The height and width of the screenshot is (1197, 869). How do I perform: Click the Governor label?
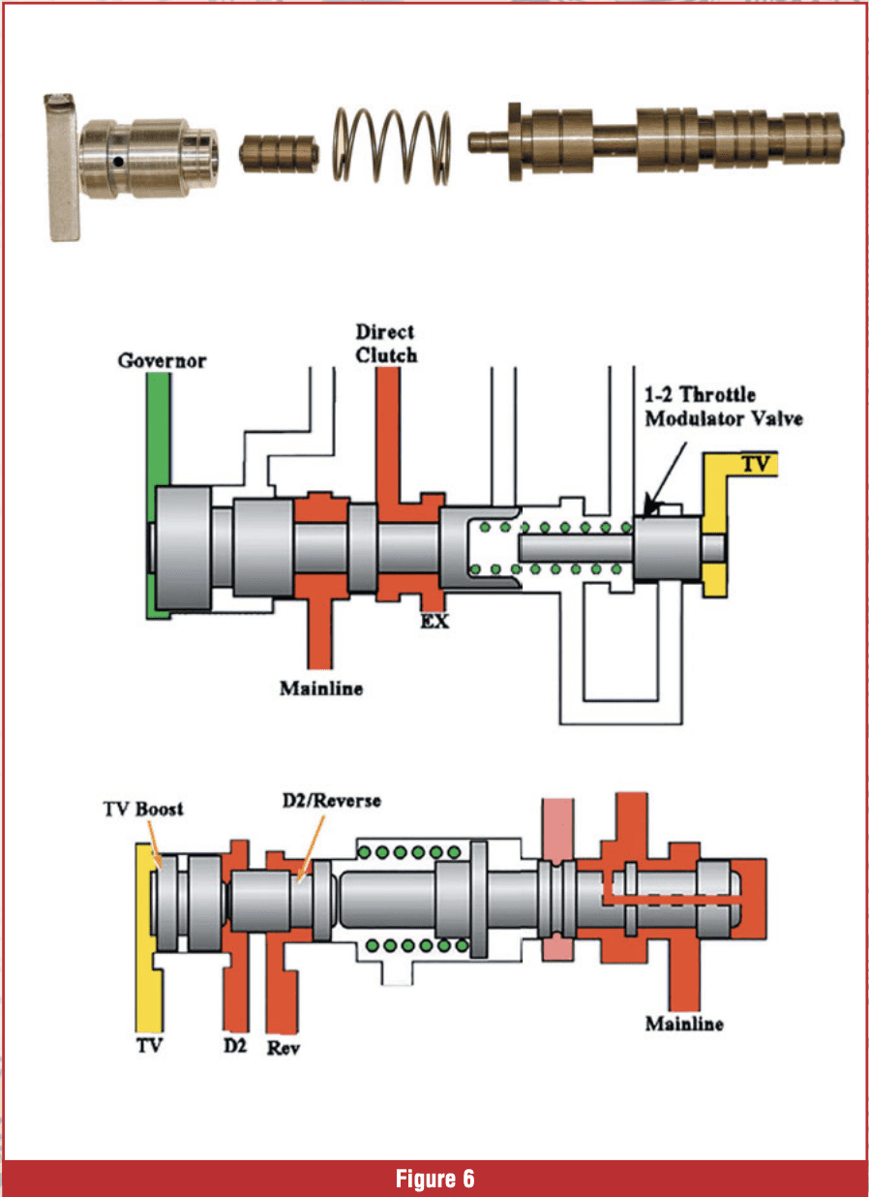point(163,361)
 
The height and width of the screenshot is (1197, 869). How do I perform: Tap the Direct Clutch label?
point(386,344)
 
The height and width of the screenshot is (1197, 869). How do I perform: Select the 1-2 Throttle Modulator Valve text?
point(725,408)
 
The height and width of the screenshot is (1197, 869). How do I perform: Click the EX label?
point(434,621)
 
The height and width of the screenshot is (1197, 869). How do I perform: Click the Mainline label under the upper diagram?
point(321,689)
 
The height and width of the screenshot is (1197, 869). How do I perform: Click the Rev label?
point(283,1049)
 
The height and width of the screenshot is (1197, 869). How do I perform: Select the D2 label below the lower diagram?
point(235,1047)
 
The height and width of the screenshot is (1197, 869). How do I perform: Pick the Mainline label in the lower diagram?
point(684,1024)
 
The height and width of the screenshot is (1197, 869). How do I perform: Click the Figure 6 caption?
point(434,1179)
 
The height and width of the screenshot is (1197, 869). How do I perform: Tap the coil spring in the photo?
point(392,143)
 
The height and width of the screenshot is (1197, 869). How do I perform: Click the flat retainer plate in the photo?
point(60,165)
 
